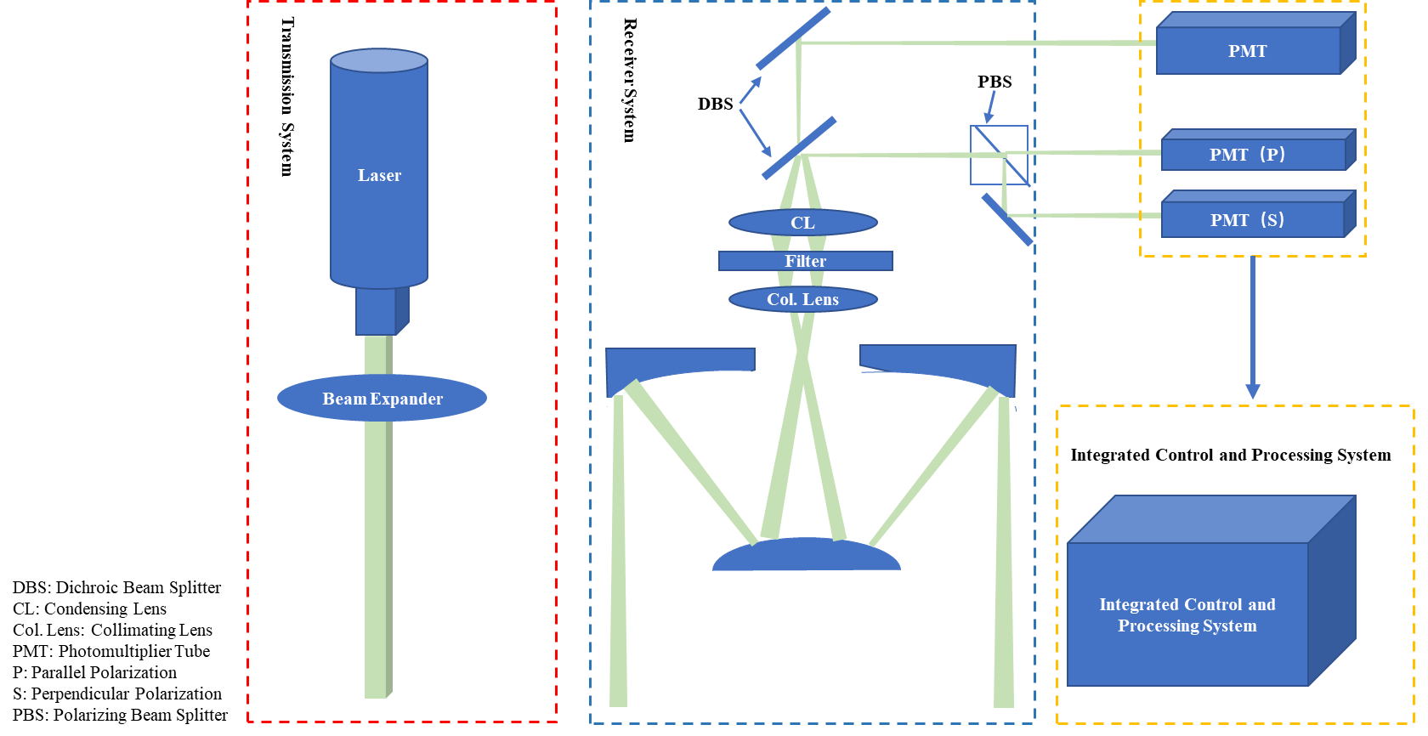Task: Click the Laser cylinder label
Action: [x=379, y=176]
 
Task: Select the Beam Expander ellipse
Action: [x=382, y=398]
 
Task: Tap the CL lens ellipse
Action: [x=803, y=223]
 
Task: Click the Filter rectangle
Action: [x=805, y=261]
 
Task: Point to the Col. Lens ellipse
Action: [x=803, y=299]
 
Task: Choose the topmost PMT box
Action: [x=1248, y=50]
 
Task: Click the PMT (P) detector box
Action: [x=1248, y=155]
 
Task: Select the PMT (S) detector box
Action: [x=1248, y=220]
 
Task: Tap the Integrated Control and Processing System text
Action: [x=1187, y=615]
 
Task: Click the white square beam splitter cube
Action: [x=999, y=155]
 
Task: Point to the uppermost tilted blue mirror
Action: [x=792, y=38]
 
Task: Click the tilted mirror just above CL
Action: [x=798, y=149]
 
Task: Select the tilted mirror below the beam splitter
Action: [x=1007, y=219]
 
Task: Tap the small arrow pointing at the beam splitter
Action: [x=989, y=107]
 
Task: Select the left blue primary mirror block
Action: [x=680, y=361]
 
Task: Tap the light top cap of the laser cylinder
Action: [x=379, y=60]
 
